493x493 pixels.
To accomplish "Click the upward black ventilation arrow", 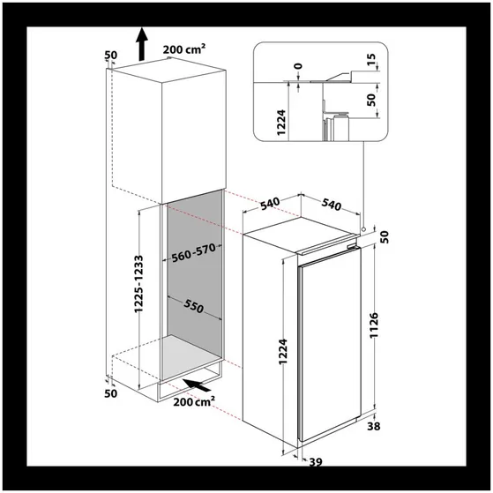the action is coord(142,44).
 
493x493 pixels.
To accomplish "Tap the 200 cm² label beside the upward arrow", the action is coord(184,49).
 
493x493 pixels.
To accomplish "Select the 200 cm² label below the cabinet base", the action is coord(194,401).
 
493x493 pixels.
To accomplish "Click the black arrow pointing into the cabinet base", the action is coord(197,385).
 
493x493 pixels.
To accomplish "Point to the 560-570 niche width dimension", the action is coord(194,252).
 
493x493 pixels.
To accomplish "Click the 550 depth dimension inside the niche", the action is coord(194,306).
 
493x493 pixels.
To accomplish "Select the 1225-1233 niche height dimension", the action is coord(138,284).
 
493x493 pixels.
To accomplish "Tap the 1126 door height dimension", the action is coord(374,325).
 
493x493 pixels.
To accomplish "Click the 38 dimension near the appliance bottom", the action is coord(374,426).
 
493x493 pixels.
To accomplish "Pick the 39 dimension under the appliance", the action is coord(316,462).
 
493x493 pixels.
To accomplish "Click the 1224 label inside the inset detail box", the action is coord(281,123).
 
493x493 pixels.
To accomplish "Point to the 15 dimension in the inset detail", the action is coord(371,59).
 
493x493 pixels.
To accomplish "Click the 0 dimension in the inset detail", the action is coord(299,66).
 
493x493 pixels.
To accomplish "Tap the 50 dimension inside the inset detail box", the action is coord(371,100).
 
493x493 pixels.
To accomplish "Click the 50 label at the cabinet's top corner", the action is coord(110,55).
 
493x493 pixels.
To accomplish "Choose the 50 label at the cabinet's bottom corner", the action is coord(110,393).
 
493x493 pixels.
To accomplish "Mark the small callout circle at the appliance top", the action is coord(363,229).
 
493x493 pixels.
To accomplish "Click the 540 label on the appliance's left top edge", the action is coord(270,204).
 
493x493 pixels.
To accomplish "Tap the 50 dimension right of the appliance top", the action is coord(385,237).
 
